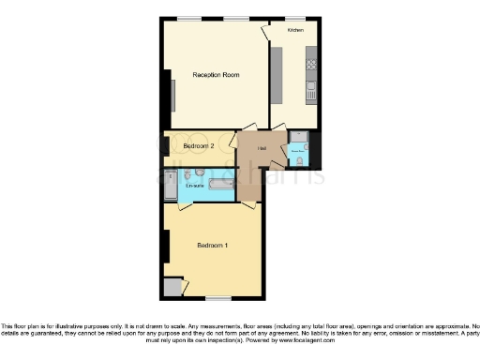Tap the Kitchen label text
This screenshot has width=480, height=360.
click(295, 31)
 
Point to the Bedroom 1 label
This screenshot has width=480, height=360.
click(213, 246)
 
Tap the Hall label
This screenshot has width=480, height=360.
click(262, 148)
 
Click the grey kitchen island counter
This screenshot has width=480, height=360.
click(277, 75)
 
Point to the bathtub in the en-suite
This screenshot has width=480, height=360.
click(221, 187)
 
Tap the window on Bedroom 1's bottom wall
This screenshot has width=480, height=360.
click(218, 299)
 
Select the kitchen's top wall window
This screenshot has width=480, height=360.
click(296, 18)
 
